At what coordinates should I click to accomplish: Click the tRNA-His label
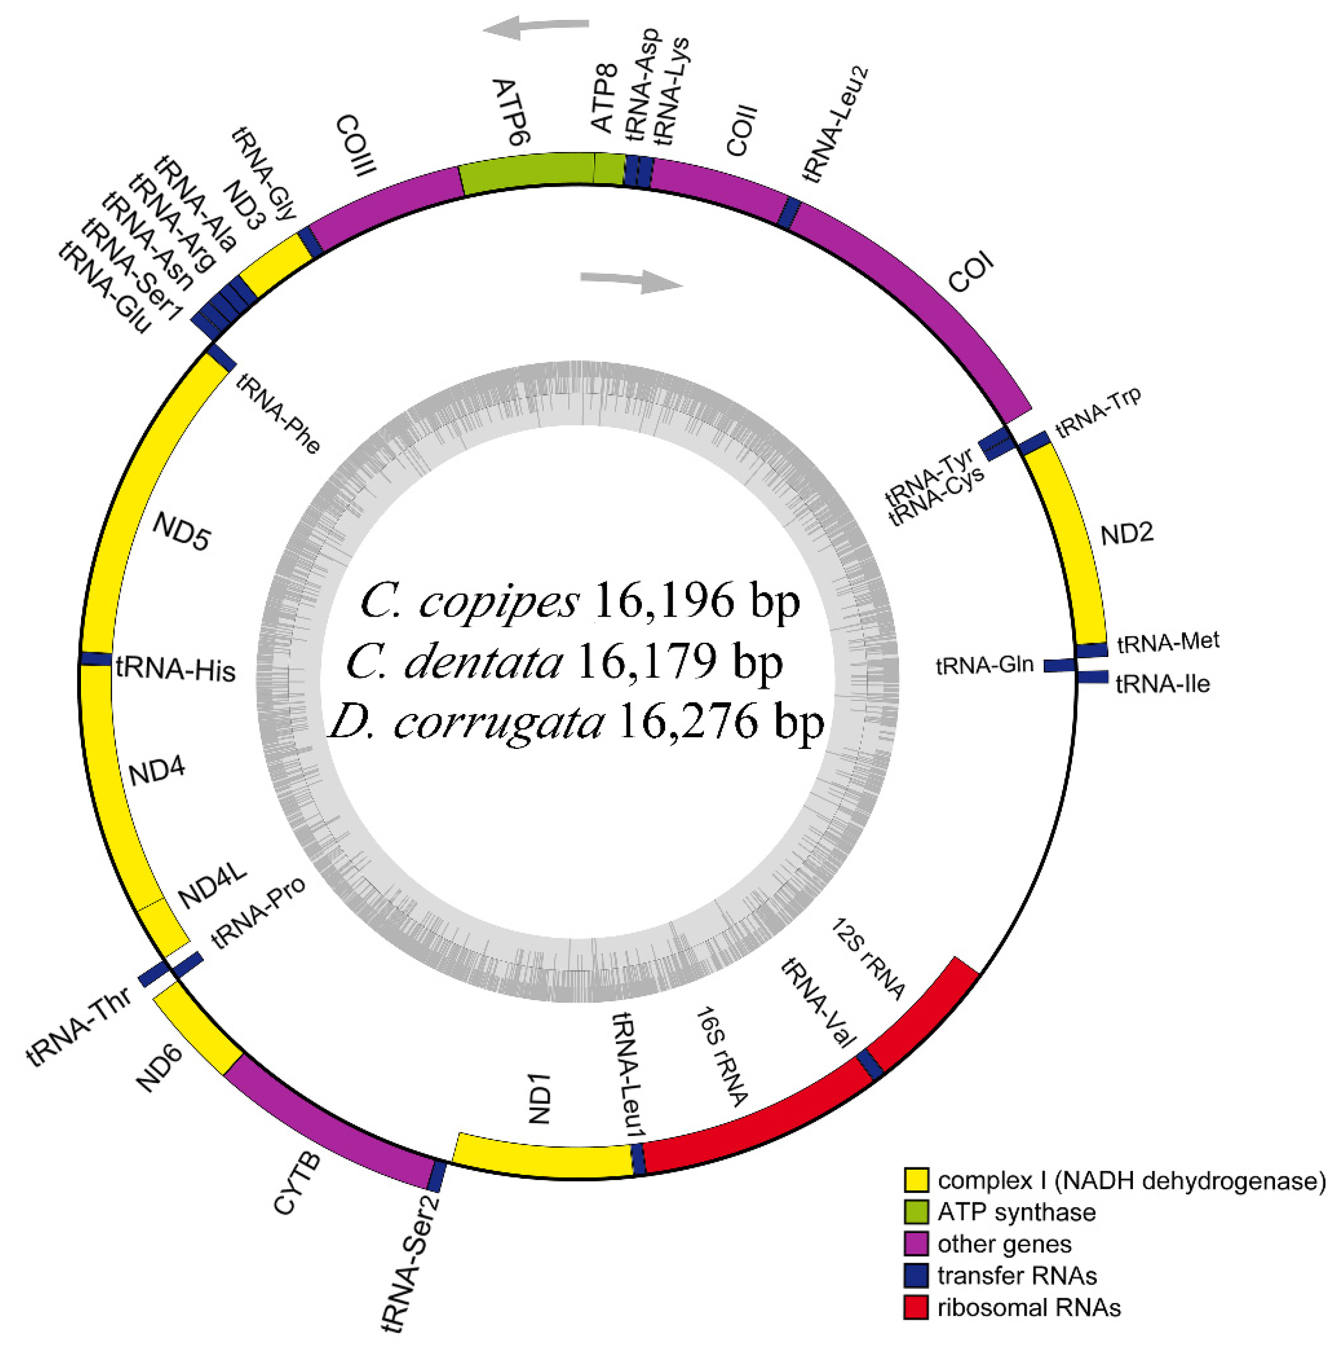(x=176, y=669)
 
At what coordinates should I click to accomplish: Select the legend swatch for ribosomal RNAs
(x=916, y=1307)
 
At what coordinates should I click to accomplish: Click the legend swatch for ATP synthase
(x=916, y=1212)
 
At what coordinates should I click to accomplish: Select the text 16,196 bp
(x=696, y=601)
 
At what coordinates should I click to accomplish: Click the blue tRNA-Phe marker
(x=222, y=358)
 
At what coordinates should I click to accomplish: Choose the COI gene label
(x=970, y=274)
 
